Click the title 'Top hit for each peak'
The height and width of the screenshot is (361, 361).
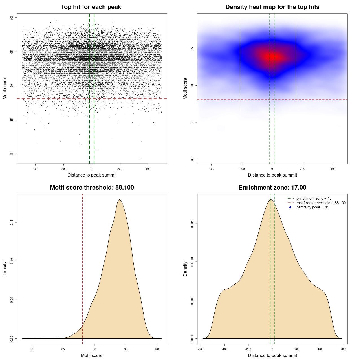(91, 7)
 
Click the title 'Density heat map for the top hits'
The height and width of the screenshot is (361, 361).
(272, 7)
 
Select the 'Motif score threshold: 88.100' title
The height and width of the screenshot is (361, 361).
(92, 188)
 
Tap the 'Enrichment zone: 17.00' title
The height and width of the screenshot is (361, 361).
(272, 188)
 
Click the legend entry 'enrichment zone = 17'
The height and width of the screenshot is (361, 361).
(314, 199)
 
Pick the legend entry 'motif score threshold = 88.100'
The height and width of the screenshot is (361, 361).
(321, 203)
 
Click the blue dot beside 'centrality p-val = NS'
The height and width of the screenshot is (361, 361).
(290, 207)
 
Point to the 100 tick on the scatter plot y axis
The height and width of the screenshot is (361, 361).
(12, 17)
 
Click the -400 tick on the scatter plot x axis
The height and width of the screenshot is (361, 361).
(35, 169)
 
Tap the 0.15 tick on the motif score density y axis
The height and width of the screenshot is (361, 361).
(12, 223)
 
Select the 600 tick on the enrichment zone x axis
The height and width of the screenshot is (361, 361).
(344, 349)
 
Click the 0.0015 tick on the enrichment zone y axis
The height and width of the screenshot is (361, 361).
(192, 223)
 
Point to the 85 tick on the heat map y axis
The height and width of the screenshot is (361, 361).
(192, 122)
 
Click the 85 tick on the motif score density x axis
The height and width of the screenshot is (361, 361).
(63, 349)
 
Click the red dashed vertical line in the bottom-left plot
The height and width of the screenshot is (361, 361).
(82, 268)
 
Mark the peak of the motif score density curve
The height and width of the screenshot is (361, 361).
(120, 200)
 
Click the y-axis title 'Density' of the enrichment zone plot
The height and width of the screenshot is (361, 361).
(185, 269)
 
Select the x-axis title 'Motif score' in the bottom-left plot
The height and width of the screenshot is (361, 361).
(92, 355)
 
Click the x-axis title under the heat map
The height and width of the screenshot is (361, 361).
(272, 175)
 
